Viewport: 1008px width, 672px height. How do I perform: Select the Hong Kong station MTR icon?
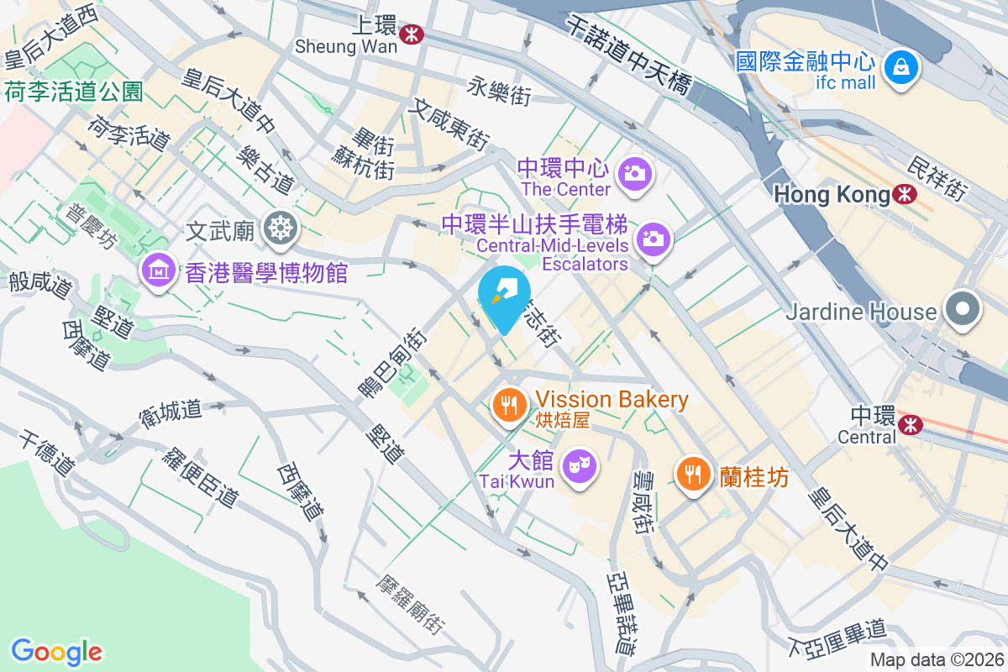click(905, 194)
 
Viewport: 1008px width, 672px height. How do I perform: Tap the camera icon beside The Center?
click(635, 174)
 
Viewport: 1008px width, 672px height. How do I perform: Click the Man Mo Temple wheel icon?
click(278, 228)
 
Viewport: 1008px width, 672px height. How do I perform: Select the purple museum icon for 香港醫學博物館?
click(159, 270)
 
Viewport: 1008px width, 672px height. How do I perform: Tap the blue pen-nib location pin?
click(504, 298)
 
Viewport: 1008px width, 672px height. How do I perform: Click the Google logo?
click(57, 651)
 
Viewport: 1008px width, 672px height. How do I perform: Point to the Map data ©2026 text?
click(936, 659)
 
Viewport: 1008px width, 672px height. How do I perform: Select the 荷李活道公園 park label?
click(74, 92)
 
